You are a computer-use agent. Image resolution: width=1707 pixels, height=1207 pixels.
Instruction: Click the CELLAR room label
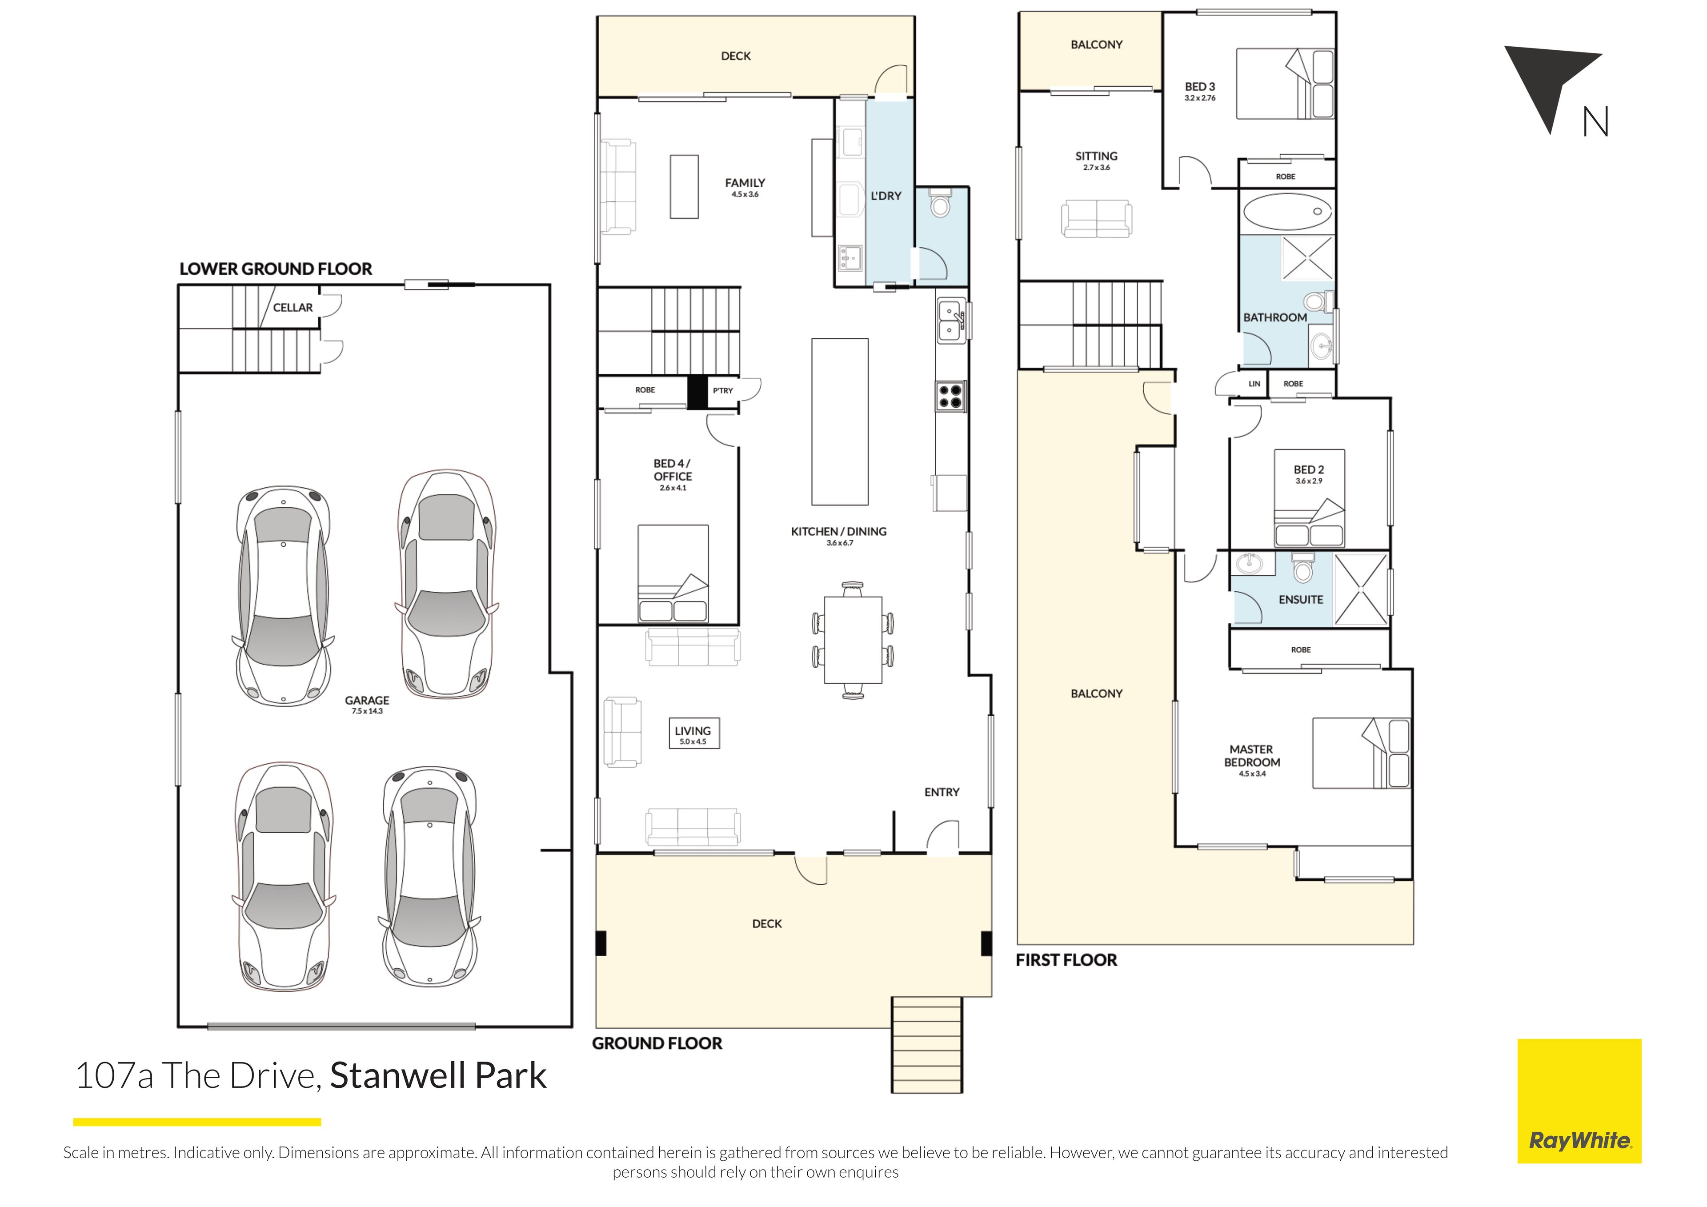293,307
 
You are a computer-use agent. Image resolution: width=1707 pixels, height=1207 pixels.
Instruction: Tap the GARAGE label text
367,700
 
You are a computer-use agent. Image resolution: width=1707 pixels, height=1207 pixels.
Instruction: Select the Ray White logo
1579,1101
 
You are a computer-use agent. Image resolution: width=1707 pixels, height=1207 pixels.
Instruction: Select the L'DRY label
886,196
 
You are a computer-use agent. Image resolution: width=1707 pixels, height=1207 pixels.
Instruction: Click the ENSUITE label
1301,599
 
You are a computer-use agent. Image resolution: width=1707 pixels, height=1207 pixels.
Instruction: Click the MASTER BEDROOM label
1252,756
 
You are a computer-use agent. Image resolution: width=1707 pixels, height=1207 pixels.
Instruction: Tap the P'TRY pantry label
723,390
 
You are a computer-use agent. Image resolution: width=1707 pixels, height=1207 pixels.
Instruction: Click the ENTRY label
942,792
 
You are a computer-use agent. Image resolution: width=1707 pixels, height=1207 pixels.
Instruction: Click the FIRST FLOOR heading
1066,960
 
